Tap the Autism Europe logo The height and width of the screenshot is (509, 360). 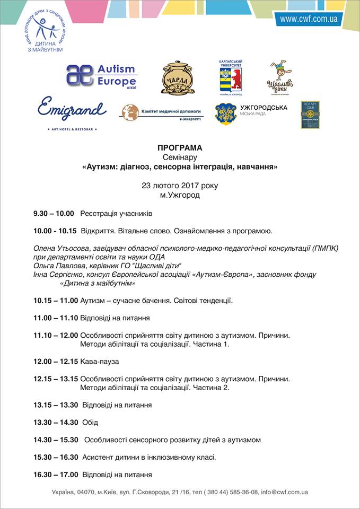pyautogui.click(x=102, y=76)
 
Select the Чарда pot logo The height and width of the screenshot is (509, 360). pyautogui.click(x=178, y=78)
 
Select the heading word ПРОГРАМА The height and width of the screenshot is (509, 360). pyautogui.click(x=180, y=148)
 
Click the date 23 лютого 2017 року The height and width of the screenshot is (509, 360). pyautogui.click(x=180, y=186)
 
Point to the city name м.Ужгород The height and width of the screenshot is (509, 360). pyautogui.click(x=180, y=195)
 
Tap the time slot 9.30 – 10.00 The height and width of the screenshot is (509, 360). pyautogui.click(x=54, y=214)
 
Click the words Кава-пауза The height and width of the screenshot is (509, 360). pyautogui.click(x=100, y=361)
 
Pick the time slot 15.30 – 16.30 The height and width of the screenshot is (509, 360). pyautogui.click(x=56, y=457)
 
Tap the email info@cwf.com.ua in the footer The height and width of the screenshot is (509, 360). pyautogui.click(x=284, y=492)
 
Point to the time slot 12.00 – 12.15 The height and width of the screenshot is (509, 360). pyautogui.click(x=55, y=361)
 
